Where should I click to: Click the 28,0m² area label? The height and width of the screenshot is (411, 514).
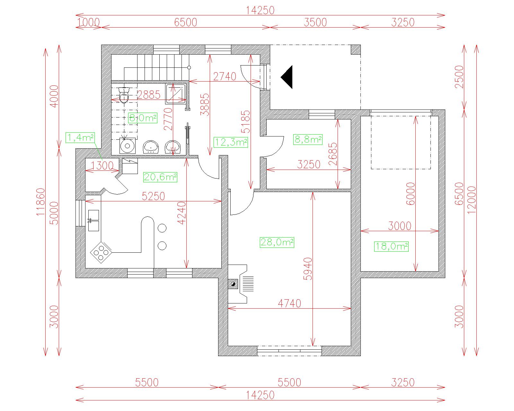[277, 242]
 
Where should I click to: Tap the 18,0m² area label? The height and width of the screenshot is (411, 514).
[391, 247]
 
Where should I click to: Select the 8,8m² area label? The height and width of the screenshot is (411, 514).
[308, 139]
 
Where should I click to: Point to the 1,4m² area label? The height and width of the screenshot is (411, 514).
[80, 137]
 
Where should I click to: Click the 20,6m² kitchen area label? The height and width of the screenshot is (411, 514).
[160, 177]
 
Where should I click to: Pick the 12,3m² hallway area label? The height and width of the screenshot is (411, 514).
[231, 142]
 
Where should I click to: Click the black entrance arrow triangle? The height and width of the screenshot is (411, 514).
[287, 77]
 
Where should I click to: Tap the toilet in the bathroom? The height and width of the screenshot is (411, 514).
[124, 95]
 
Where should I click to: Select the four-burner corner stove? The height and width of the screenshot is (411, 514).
[101, 252]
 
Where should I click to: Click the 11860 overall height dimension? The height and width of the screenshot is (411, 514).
[40, 202]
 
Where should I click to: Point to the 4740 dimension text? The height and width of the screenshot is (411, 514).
[289, 303]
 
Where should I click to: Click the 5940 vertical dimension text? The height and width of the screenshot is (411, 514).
[308, 269]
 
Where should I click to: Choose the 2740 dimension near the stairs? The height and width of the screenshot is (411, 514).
[225, 77]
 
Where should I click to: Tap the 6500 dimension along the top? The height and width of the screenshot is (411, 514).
[186, 22]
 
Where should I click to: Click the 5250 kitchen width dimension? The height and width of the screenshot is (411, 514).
[153, 196]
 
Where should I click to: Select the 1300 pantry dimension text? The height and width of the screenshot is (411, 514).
[102, 166]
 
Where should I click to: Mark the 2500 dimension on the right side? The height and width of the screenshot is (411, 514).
[459, 77]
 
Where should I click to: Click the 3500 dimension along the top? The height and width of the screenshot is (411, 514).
[315, 22]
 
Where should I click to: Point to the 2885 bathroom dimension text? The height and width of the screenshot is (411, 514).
[149, 95]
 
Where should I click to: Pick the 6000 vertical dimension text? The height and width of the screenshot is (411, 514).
[411, 194]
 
